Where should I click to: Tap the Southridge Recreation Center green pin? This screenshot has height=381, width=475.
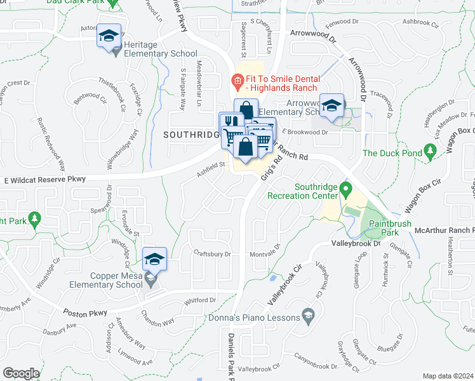pyautogui.click(x=345, y=189)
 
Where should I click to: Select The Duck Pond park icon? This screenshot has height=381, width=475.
pyautogui.click(x=431, y=150)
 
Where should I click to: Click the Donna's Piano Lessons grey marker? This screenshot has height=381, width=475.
pyautogui.click(x=308, y=314)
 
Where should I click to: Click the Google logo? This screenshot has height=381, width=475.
pyautogui.click(x=21, y=373)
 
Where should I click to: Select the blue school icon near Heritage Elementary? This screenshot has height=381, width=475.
pyautogui.click(x=109, y=36)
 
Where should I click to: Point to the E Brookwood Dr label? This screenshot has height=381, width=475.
pyautogui.click(x=305, y=132)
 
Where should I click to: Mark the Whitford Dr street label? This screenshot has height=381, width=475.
pyautogui.click(x=200, y=300)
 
